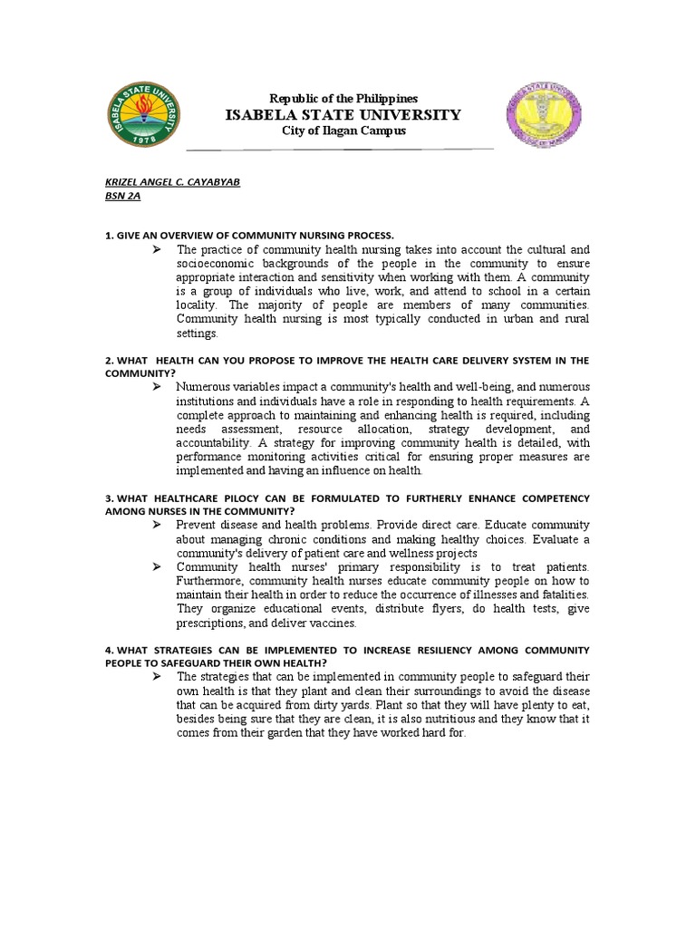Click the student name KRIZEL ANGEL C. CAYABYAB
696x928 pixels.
tap(172, 181)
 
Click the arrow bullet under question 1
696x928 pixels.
tap(156, 249)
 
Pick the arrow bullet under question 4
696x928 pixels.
tap(156, 677)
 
